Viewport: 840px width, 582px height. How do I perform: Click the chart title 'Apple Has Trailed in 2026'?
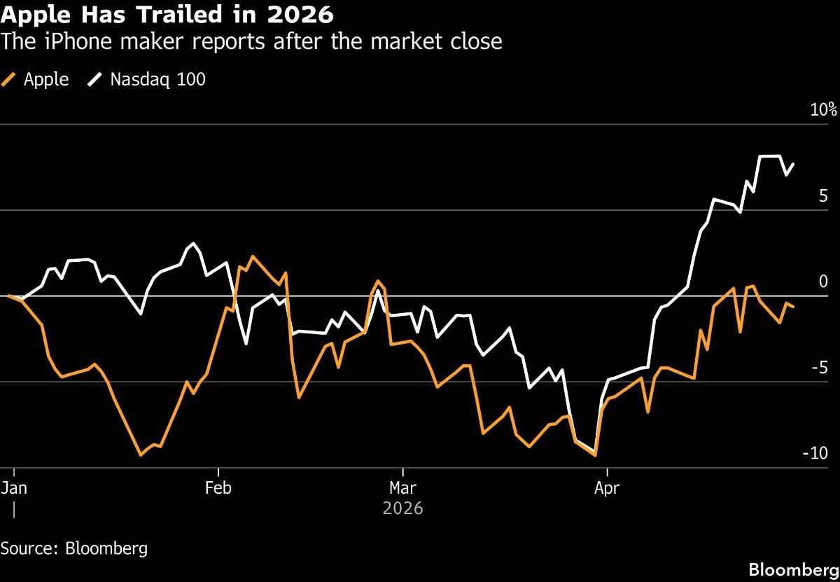[167, 14]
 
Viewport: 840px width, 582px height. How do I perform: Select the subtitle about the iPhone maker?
[251, 42]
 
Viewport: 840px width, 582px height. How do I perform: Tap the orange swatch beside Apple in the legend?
[10, 80]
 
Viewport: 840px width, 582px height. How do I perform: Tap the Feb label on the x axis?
[219, 487]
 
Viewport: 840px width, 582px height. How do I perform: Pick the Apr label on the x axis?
[607, 487]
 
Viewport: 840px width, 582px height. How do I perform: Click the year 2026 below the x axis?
[403, 508]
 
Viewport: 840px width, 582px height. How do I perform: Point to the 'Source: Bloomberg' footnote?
[74, 548]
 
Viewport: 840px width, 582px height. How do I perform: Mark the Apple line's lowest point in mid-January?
[141, 455]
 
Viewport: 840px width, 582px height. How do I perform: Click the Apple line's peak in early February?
[252, 256]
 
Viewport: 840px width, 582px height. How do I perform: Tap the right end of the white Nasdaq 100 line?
[793, 164]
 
